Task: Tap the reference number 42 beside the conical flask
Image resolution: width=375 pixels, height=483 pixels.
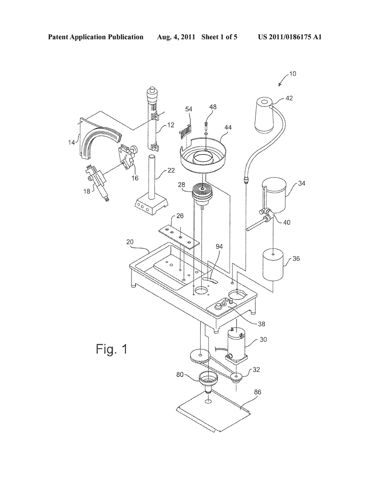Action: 289,98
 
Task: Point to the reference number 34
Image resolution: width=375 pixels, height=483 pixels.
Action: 302,183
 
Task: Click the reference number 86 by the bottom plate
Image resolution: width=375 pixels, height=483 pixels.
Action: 258,392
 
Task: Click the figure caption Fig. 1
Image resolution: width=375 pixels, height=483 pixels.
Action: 112,349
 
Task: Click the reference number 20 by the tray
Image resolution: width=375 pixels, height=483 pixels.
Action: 130,242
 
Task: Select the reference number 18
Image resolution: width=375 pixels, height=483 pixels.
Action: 86,191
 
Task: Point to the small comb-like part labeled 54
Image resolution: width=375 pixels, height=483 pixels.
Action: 186,130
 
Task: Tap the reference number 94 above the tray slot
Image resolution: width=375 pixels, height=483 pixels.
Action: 219,246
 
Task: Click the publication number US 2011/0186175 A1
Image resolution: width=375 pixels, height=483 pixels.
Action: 289,37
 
